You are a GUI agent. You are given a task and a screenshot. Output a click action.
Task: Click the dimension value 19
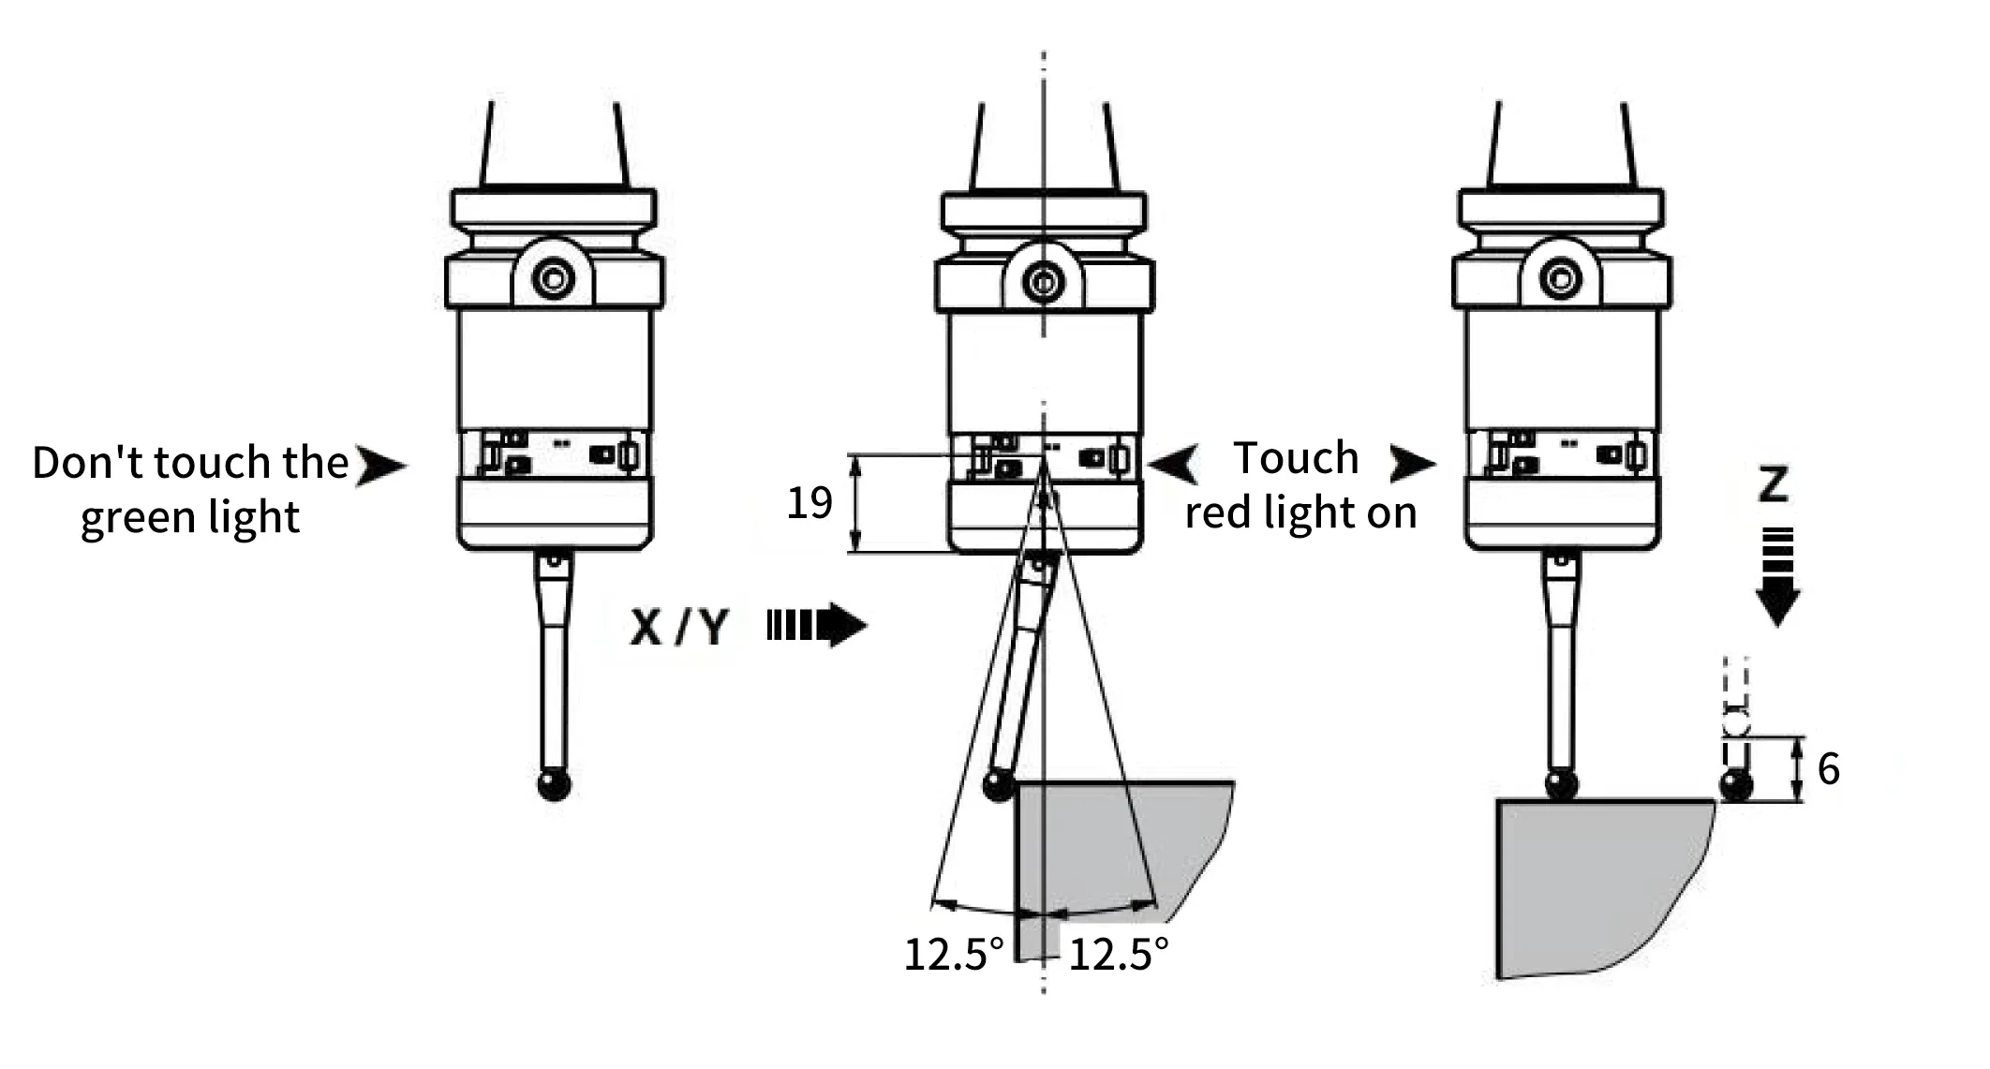click(809, 504)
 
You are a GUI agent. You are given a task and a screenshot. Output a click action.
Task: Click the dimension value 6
click(1828, 769)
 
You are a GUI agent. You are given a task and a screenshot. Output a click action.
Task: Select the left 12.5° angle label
click(953, 955)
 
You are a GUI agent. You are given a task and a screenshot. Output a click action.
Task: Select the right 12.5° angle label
click(1119, 955)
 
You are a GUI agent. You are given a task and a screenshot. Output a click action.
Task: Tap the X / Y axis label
click(678, 627)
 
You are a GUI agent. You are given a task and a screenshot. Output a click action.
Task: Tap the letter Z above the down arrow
click(1774, 484)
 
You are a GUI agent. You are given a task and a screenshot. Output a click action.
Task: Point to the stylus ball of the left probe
click(555, 784)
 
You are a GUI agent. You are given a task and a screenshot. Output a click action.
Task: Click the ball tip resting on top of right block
click(1561, 784)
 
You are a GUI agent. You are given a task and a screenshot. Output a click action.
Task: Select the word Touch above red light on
click(1296, 458)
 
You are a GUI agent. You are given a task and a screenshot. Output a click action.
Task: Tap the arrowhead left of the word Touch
click(1174, 464)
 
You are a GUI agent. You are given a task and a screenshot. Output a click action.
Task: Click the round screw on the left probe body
click(553, 278)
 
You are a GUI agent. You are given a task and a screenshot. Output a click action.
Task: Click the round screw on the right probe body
click(1561, 278)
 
